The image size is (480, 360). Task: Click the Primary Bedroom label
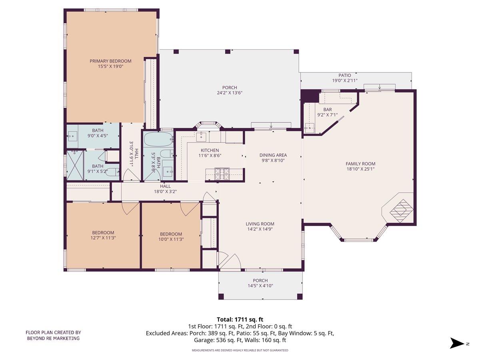(110, 61)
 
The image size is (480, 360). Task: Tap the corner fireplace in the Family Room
(400, 208)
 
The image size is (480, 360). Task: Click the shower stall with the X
(75, 164)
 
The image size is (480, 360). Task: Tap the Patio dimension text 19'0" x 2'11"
(345, 80)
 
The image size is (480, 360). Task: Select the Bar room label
(328, 110)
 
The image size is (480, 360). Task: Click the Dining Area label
(273, 155)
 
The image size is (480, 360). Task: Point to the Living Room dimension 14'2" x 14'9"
(260, 230)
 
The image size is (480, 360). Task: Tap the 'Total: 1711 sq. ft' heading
(240, 319)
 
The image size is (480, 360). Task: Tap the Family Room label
(360, 164)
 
